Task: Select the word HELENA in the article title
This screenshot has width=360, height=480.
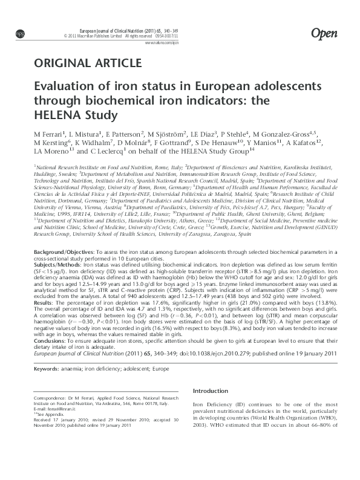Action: click(x=60, y=114)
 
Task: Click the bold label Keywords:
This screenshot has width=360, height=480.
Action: click(x=47, y=368)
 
